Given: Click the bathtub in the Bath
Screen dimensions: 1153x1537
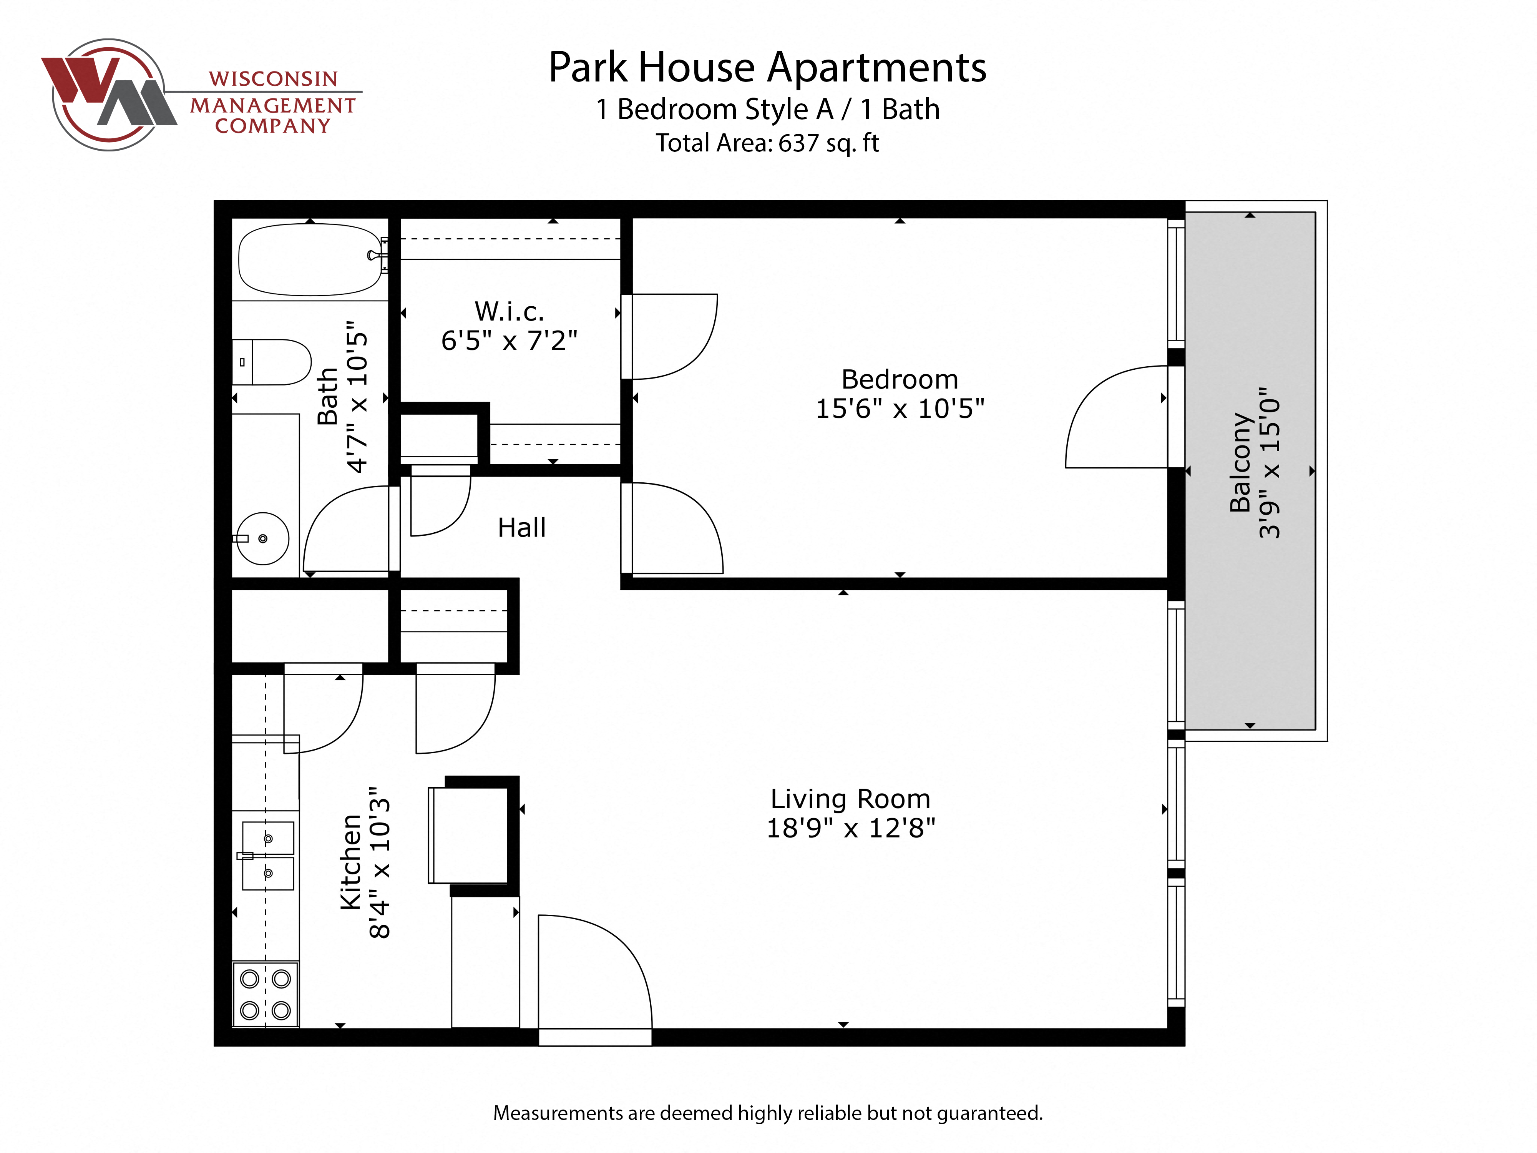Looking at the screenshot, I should pos(309,261).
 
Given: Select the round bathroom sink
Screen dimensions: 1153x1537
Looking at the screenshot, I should pos(263,538).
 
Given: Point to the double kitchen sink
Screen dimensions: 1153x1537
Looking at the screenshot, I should pos(267,856).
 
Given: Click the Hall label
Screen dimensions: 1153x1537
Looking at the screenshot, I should pos(521,528).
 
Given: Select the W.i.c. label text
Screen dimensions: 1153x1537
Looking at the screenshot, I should pos(509,311).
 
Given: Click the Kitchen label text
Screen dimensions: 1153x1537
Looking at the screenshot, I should pos(351,862).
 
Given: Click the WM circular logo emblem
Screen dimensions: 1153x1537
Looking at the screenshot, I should pos(109,95).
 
